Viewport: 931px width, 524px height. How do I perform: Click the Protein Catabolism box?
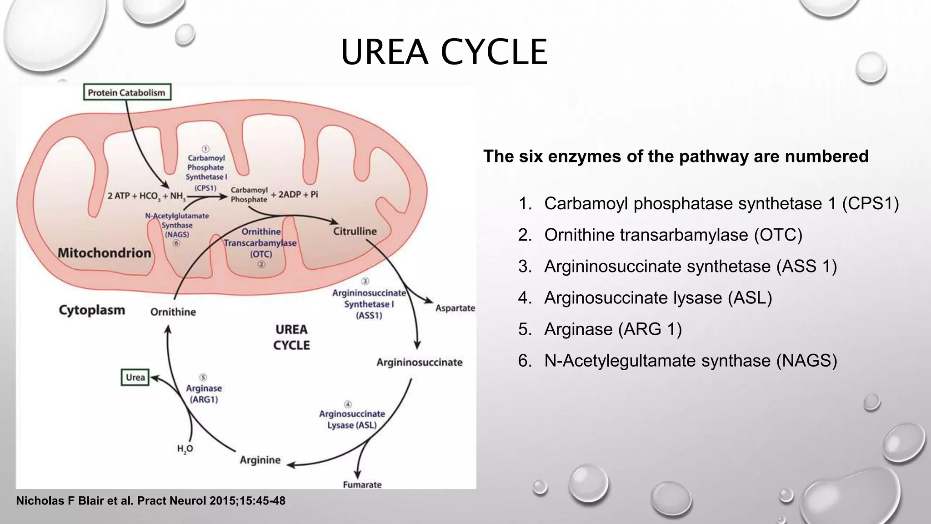tap(127, 92)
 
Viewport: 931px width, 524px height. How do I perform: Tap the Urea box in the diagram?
tap(135, 378)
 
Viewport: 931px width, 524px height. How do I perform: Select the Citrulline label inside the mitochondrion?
tap(355, 231)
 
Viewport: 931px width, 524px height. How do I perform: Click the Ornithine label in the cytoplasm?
tap(173, 312)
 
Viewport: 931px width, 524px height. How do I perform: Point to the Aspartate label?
tap(455, 308)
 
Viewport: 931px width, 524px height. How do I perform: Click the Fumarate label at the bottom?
tap(362, 484)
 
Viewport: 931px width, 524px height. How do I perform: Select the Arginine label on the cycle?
tap(260, 460)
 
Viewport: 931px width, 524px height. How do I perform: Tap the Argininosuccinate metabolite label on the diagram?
tap(419, 363)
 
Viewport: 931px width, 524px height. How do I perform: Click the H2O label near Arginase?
tap(185, 449)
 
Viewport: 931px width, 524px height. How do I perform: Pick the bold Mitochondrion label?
tap(104, 253)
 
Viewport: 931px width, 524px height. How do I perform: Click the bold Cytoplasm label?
tap(92, 310)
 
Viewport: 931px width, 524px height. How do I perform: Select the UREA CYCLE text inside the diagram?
tap(291, 337)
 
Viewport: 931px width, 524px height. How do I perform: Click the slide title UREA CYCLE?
tap(444, 52)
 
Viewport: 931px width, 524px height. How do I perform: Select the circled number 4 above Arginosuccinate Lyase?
tap(348, 404)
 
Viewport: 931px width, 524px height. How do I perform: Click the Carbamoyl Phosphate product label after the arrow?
tap(249, 195)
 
